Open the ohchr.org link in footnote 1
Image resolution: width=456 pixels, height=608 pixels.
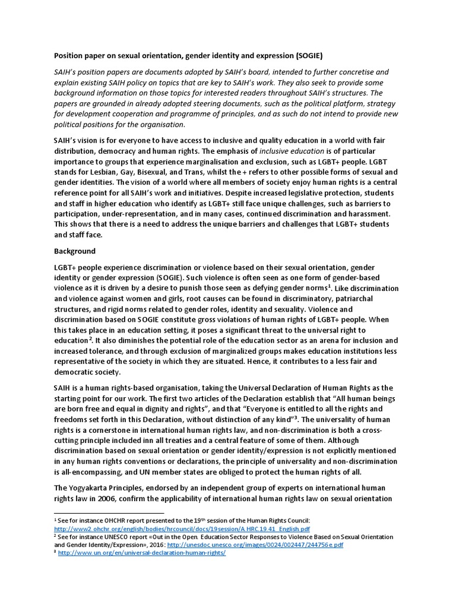(x=181, y=528)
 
